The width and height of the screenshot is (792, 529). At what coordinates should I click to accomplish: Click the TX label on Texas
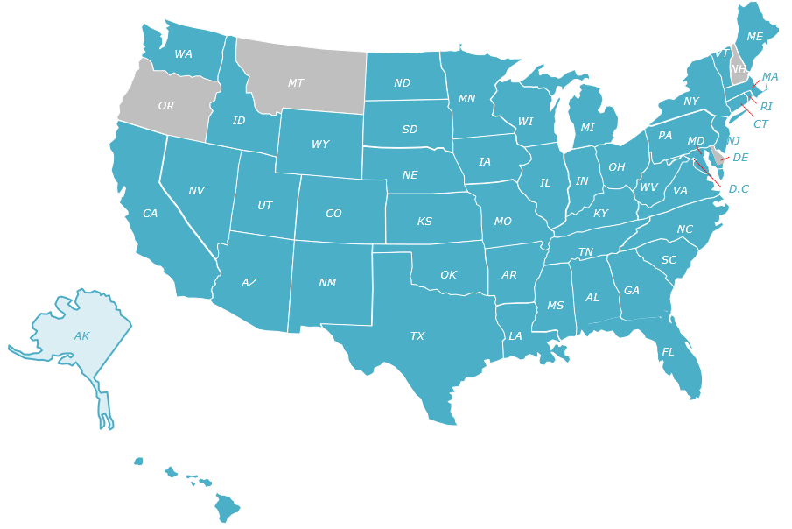[417, 336]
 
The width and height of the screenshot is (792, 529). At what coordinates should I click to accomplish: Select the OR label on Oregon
[166, 106]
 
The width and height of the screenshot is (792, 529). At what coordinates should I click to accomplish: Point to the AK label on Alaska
[81, 336]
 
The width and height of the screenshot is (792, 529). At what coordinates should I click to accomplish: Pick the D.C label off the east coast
[739, 189]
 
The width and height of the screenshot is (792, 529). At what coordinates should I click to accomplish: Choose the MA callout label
[770, 77]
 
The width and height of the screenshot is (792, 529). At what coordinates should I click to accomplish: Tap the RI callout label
[767, 107]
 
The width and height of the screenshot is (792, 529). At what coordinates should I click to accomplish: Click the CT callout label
[760, 124]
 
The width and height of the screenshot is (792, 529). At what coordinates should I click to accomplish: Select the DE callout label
[740, 158]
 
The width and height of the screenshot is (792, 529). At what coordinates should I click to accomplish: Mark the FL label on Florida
[668, 352]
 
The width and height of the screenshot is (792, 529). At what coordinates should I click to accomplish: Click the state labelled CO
[333, 214]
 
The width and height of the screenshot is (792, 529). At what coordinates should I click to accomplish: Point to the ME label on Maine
[754, 37]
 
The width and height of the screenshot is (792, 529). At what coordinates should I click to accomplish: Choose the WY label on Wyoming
[320, 145]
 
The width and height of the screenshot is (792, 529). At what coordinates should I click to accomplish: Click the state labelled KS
[424, 222]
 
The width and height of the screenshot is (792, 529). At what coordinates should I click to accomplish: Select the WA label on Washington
[184, 54]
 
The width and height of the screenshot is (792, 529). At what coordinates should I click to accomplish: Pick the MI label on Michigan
[587, 128]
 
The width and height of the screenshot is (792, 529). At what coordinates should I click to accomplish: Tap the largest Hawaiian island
[228, 507]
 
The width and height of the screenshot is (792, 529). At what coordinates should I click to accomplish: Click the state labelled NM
[327, 283]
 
